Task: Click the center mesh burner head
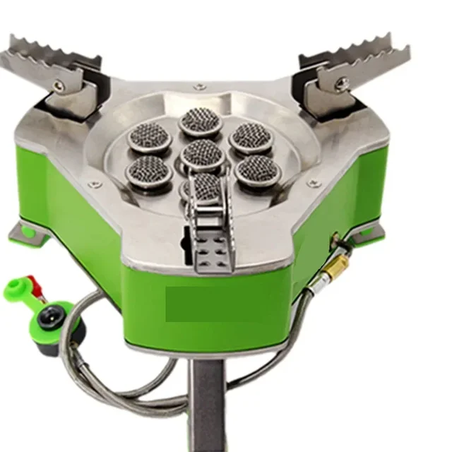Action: click(203, 152)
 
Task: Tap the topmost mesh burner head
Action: click(201, 120)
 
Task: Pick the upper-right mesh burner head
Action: click(249, 135)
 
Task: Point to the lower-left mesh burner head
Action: click(148, 169)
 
